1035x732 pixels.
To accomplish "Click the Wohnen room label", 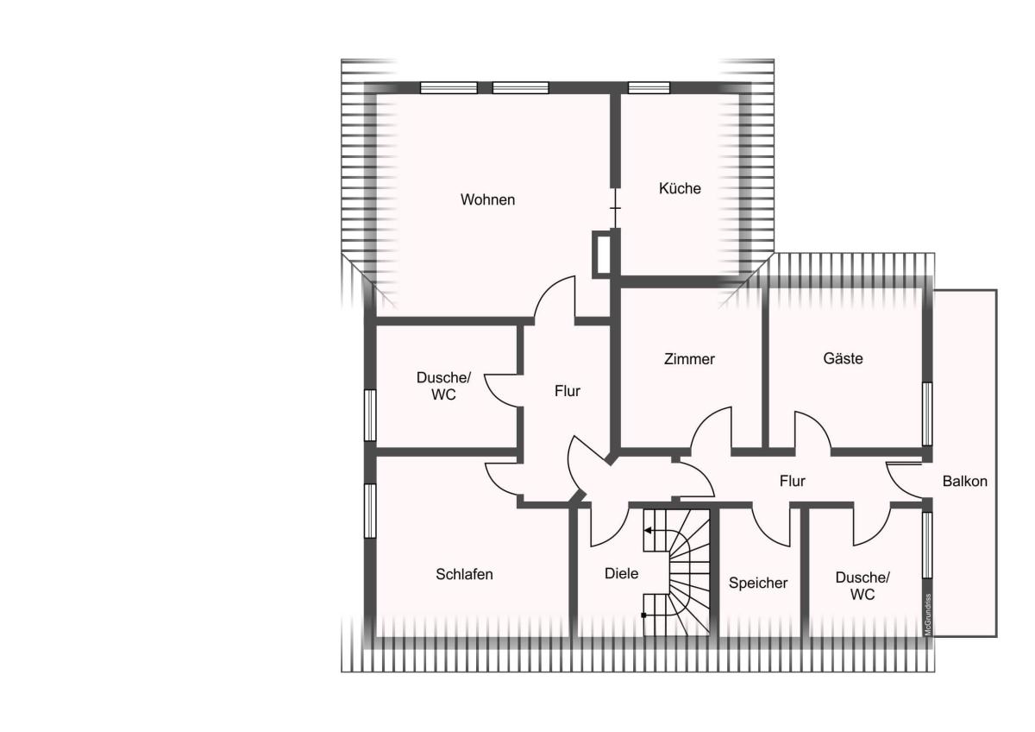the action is [487, 199].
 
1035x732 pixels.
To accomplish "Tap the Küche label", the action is [680, 188].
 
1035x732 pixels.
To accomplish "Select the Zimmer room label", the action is [689, 359].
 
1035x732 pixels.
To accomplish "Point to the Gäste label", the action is [843, 358].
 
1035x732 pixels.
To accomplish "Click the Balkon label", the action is [965, 481].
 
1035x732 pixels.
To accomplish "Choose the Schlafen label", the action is [464, 574].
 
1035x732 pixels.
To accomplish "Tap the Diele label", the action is [622, 573].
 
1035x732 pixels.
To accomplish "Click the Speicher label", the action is [758, 583].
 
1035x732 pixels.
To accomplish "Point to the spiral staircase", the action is [676, 572].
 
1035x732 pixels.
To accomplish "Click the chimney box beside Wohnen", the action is [601, 255].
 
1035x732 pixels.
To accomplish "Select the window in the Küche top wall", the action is [649, 87].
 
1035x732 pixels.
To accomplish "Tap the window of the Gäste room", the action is [927, 413].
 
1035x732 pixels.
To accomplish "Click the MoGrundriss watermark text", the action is [927, 614].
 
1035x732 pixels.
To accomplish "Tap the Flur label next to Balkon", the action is [792, 481].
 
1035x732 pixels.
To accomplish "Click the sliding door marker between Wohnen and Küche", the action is [615, 208].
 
